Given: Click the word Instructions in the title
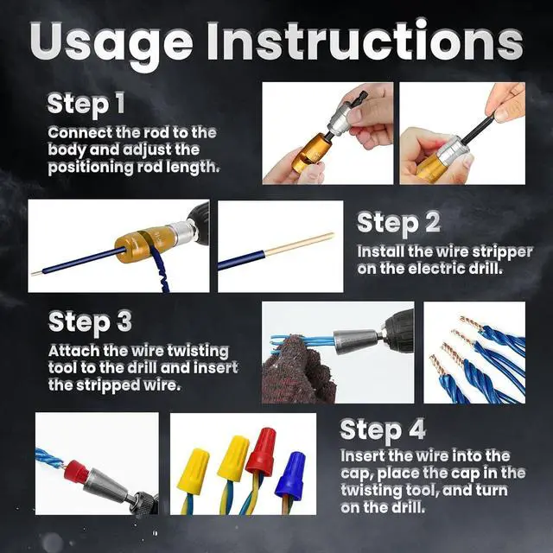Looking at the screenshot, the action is (365, 41).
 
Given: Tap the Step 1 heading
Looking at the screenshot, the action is (86, 104).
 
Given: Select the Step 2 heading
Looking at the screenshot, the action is (398, 223).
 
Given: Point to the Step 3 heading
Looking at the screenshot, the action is (90, 322).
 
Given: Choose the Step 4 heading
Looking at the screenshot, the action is (383, 429).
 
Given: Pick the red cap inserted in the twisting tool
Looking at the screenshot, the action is (75, 472).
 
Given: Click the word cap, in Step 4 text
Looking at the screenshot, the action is (357, 474).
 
